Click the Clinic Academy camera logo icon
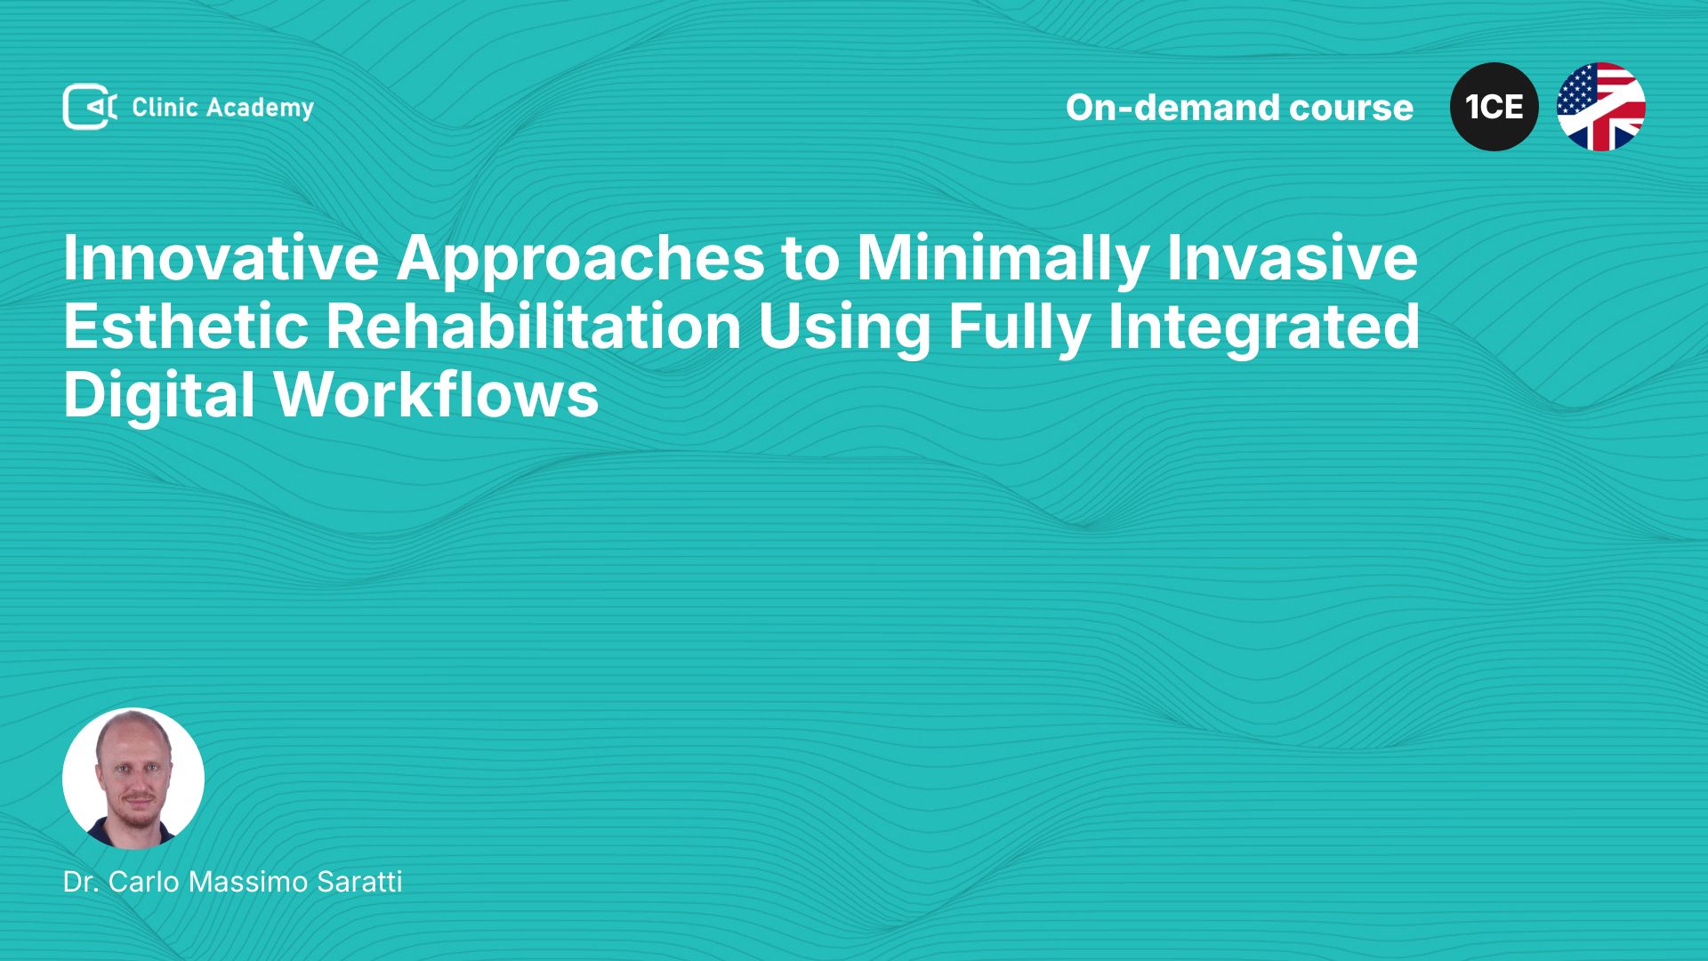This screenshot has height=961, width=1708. [89, 107]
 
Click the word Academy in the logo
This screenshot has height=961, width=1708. [260, 109]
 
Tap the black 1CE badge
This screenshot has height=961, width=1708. [1494, 107]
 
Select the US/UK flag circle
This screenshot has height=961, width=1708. [1601, 107]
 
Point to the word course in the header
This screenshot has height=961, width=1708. [1351, 109]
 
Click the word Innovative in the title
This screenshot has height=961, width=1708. [222, 258]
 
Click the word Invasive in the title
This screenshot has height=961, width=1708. [1293, 258]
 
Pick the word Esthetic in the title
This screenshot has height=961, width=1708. [186, 327]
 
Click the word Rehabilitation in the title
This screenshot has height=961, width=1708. [534, 327]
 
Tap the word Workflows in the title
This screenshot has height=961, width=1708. [437, 395]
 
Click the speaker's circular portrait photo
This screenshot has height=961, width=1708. [133, 779]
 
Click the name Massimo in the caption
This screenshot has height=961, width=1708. [248, 882]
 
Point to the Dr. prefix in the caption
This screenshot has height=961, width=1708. [81, 882]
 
